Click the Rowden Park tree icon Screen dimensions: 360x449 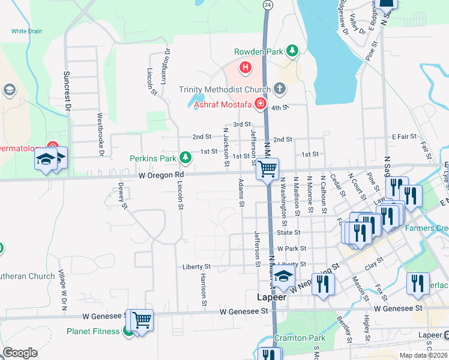point(292,51)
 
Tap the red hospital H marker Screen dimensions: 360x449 point(245,67)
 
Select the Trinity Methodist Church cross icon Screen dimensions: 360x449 point(279,89)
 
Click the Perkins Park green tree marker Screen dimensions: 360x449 point(185,158)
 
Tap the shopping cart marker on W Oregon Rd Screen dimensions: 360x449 point(268,169)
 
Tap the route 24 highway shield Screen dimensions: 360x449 point(267,4)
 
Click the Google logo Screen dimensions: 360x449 point(20,353)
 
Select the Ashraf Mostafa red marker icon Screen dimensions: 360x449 point(260,104)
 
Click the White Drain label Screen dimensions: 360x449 point(26,31)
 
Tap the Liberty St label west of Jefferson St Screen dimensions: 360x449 point(196,266)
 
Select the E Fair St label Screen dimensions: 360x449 point(404,137)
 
